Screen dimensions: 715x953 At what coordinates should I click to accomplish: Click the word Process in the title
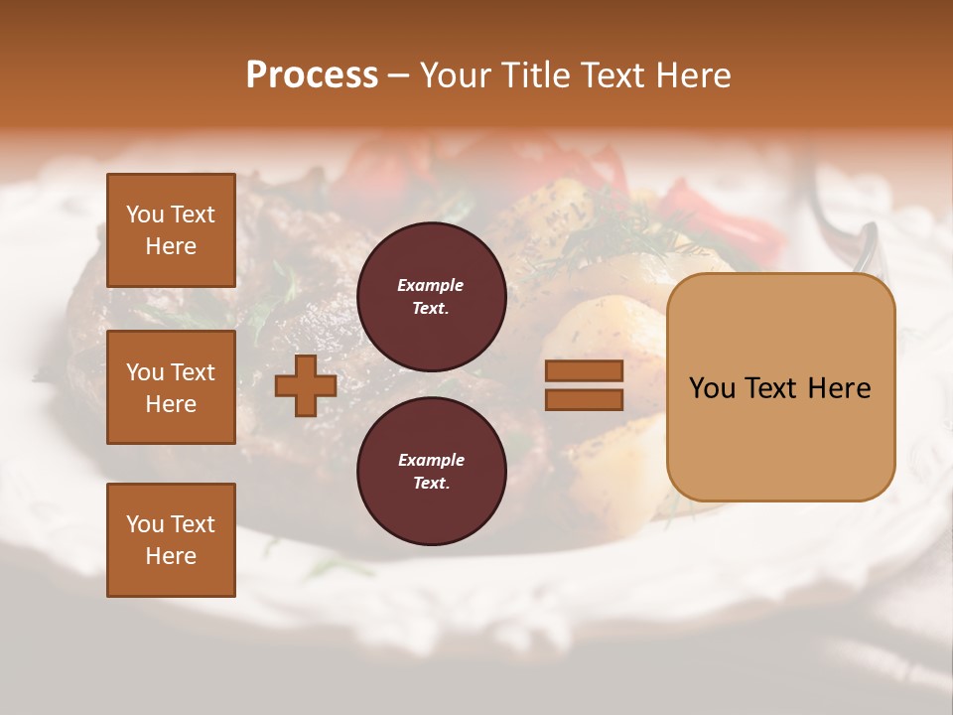click(x=312, y=74)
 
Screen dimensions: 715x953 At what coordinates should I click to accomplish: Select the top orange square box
click(x=171, y=230)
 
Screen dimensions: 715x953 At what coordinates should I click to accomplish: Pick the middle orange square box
click(x=171, y=387)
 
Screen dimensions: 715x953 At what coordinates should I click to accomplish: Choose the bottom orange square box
click(x=171, y=540)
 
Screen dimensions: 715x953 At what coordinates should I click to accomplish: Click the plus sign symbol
click(x=306, y=385)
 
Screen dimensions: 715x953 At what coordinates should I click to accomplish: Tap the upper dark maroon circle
click(x=431, y=297)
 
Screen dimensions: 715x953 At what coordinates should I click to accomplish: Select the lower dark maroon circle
click(x=431, y=472)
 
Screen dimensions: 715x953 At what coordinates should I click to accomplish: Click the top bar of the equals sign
click(x=584, y=370)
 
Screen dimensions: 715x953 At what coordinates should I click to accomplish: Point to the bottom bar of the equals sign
click(x=584, y=399)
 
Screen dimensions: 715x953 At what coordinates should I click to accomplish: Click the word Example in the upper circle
click(x=431, y=285)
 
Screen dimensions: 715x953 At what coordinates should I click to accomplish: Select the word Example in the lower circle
click(x=431, y=460)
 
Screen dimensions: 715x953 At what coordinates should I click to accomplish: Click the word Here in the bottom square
click(x=171, y=556)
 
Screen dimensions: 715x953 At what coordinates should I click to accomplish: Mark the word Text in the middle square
click(x=192, y=372)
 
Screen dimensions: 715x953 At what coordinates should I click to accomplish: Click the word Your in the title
click(x=453, y=75)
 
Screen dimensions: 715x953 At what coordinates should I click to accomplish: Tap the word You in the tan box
click(x=712, y=388)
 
